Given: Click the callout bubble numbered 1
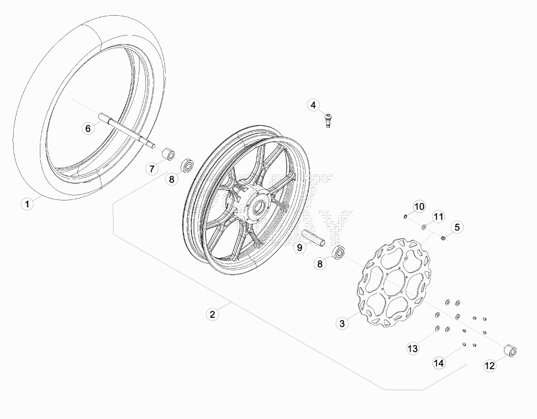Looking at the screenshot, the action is coord(27,204).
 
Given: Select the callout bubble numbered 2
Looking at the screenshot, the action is coord(212,314).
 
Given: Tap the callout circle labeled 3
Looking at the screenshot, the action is coord(342,323).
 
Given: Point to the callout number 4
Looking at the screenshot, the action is coord(313,105).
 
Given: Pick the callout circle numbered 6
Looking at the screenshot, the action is coord(88,129).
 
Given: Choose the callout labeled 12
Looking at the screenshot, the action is coord(490,366).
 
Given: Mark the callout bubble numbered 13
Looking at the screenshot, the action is coord(413,348).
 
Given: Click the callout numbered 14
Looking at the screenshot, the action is coord(439,362).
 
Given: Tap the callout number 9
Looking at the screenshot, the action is coord(299,247).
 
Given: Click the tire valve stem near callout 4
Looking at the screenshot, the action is coord(329,120).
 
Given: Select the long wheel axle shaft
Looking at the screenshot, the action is coord(127,134).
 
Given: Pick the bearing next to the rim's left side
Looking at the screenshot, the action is coord(187,166).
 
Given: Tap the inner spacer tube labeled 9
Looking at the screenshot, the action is coord(314,238).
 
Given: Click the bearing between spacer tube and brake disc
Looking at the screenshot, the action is coord(338,252).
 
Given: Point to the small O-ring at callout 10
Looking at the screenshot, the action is coord(405,216).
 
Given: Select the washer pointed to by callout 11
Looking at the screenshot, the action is coord(424,226).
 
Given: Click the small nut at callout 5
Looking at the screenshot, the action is coord(443,238).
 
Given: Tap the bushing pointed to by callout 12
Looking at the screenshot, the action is coord(510,351).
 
